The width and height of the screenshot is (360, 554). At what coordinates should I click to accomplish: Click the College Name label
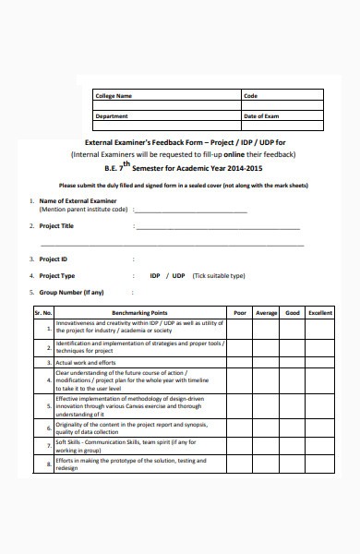(114, 96)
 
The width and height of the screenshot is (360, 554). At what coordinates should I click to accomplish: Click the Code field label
(250, 96)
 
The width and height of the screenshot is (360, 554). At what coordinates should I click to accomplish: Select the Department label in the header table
(112, 116)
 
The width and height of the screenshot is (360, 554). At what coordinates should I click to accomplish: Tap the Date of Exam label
(260, 116)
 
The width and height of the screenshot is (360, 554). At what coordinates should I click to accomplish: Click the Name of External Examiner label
(78, 200)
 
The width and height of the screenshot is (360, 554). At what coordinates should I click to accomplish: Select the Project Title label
(56, 225)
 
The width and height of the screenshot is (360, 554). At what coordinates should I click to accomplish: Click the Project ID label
(53, 259)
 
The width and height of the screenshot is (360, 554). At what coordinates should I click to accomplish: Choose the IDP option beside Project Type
(155, 276)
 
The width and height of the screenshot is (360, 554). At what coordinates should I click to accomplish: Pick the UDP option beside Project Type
(179, 276)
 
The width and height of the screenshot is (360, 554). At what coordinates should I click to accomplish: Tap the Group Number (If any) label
(71, 292)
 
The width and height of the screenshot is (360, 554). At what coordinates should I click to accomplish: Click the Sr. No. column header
(43, 313)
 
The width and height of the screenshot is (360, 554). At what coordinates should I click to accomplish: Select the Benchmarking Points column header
(139, 313)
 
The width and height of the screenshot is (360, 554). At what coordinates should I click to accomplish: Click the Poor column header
(240, 313)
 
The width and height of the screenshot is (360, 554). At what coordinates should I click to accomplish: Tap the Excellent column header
(320, 313)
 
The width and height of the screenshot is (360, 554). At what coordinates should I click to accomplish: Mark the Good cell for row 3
(293, 364)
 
